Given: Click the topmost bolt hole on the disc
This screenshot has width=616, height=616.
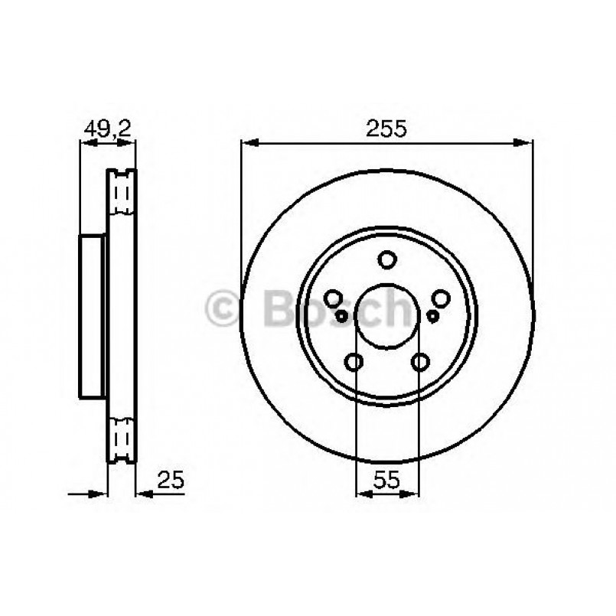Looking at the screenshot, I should (387, 260).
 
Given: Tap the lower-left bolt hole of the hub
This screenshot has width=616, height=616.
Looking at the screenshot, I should (355, 361).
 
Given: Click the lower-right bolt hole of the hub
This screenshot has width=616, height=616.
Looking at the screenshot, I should (420, 361).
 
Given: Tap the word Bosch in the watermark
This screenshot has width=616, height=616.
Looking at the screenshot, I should (337, 308).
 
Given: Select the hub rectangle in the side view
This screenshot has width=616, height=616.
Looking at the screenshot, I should (92, 316).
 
